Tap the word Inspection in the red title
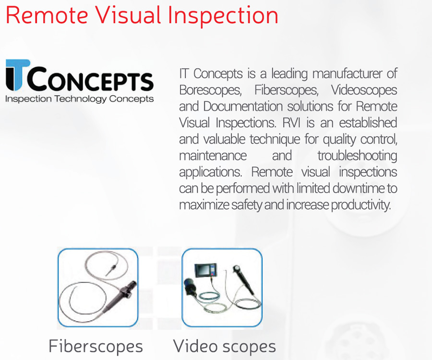tap(223, 15)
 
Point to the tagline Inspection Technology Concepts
tap(80, 99)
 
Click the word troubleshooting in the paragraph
tap(357, 156)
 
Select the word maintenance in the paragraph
tap(213, 156)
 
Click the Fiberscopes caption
tap(96, 346)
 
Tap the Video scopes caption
tap(224, 346)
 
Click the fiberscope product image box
tap(98, 288)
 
